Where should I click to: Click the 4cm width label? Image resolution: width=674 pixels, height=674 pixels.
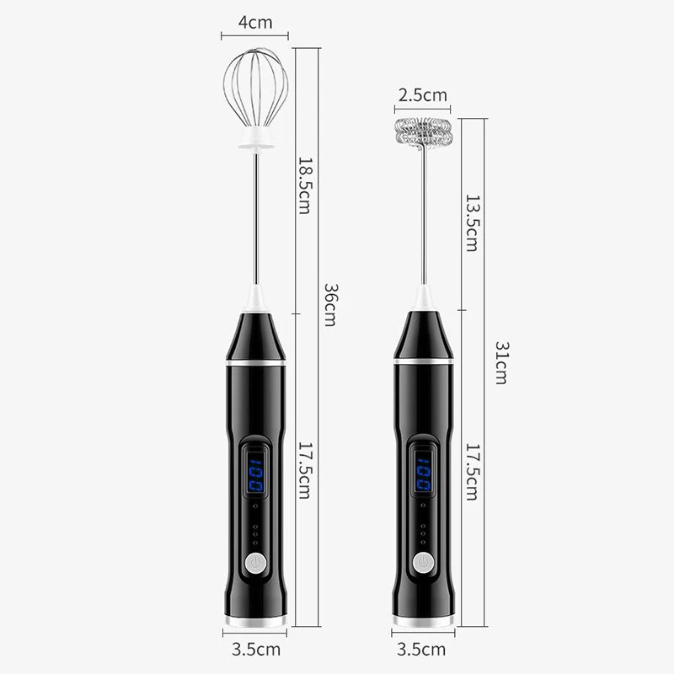click(254, 23)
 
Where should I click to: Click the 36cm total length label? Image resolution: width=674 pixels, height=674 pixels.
click(331, 304)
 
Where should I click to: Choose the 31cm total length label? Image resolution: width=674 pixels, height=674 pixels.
click(500, 363)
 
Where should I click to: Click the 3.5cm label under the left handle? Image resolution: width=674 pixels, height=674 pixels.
click(255, 650)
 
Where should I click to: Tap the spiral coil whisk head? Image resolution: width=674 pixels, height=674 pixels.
click(423, 132)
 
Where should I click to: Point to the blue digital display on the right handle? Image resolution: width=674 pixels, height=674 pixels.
click(423, 469)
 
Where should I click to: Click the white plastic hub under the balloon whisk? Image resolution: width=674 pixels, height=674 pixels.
click(255, 139)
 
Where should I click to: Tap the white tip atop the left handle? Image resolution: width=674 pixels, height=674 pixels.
click(255, 298)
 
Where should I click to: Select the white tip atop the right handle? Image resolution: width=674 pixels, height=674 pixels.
click(423, 298)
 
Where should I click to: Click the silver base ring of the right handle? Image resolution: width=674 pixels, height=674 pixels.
click(423, 621)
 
